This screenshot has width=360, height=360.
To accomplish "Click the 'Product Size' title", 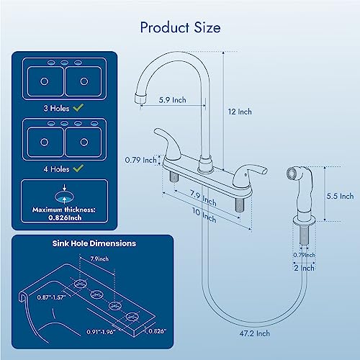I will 180,28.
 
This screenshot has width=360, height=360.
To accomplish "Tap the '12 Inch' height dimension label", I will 240,112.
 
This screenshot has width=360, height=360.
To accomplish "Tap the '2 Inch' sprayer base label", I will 303,268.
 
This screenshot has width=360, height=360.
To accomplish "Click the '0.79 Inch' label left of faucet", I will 140,160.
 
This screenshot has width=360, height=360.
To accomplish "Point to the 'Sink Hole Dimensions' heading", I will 94,243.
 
